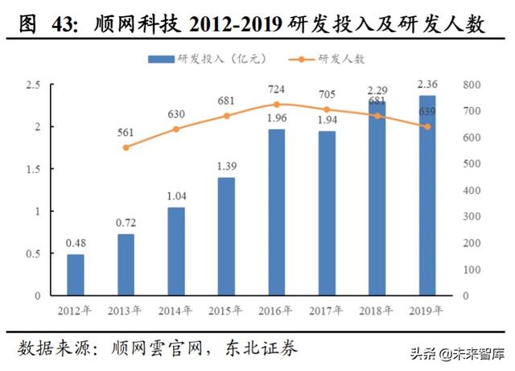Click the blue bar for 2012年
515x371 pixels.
coord(75,274)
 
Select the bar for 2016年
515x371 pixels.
coord(276,212)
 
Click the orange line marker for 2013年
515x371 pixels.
coord(126,147)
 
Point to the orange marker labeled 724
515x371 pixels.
coord(276,105)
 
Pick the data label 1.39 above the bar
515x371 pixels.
coord(226,167)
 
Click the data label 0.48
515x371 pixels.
coord(75,243)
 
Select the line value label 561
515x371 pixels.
coord(126,134)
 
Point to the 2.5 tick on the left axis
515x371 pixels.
coord(33,85)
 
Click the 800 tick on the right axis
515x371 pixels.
coord(472,85)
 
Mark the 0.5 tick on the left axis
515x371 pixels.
coord(33,254)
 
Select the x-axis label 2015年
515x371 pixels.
coord(226,310)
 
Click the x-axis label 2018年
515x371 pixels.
coord(377,310)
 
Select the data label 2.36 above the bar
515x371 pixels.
coord(426,85)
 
